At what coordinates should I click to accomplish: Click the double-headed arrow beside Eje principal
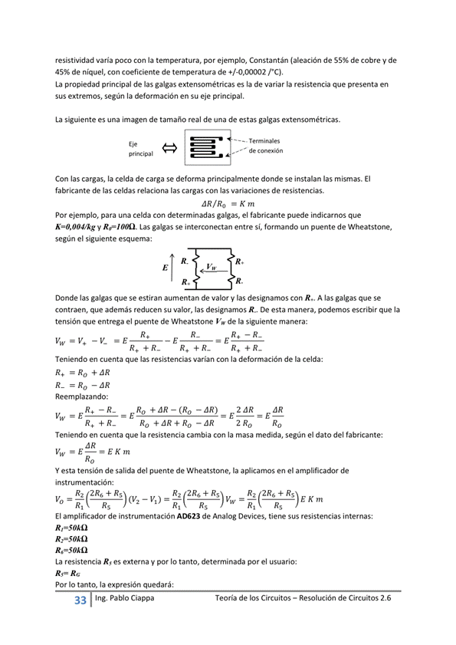pos(169,148)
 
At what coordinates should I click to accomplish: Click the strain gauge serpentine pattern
pos(206,149)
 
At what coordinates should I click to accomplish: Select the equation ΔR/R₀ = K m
pos(227,204)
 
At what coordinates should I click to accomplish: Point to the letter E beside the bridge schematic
pos(165,268)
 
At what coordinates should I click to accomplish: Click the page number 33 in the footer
pos(80,601)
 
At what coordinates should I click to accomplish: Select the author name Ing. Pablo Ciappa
pos(123,600)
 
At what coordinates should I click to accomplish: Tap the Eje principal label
pos(141,148)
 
